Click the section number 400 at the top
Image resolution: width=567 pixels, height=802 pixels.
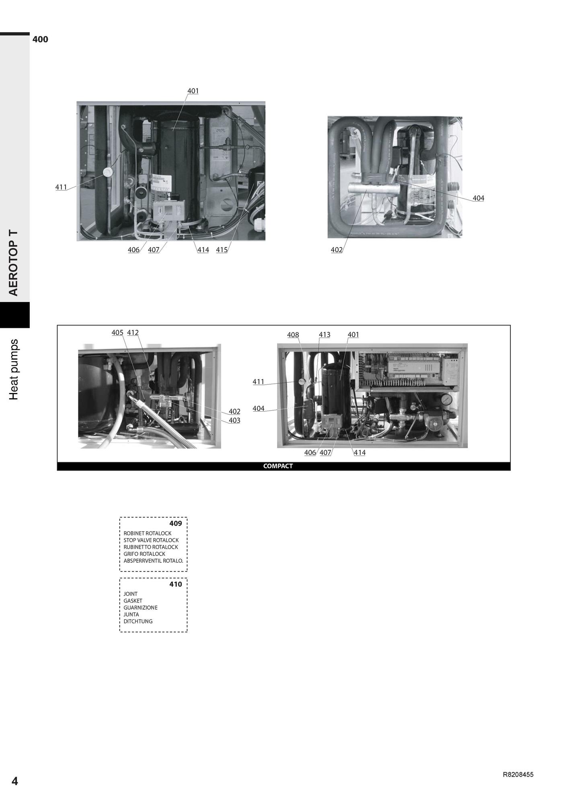click(40, 39)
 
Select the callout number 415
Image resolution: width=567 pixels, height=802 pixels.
click(222, 250)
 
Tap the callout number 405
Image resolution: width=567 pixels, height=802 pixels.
click(117, 333)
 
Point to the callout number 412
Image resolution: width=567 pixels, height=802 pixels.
click(133, 333)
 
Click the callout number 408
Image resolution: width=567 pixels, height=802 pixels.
click(293, 335)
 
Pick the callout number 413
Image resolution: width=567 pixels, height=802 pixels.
click(325, 335)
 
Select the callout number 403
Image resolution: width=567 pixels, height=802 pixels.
click(234, 420)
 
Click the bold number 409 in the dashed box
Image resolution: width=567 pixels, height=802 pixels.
click(176, 523)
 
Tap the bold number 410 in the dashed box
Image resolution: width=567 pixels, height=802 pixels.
click(176, 584)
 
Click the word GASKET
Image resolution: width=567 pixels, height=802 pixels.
click(133, 601)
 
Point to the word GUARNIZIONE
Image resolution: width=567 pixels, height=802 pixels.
click(140, 608)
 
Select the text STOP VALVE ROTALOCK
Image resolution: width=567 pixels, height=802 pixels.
click(151, 540)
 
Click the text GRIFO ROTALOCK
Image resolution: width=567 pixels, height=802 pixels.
click(144, 554)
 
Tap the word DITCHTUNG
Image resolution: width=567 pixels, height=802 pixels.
click(138, 621)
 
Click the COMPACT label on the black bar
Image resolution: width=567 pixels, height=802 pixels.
click(278, 466)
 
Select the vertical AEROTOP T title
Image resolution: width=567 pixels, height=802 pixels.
click(14, 263)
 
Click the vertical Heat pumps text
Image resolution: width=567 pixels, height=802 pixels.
click(14, 370)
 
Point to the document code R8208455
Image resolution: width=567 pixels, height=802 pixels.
click(518, 775)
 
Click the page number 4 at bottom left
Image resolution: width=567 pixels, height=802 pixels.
click(15, 781)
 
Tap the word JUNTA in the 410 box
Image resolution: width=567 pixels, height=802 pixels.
click(131, 615)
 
